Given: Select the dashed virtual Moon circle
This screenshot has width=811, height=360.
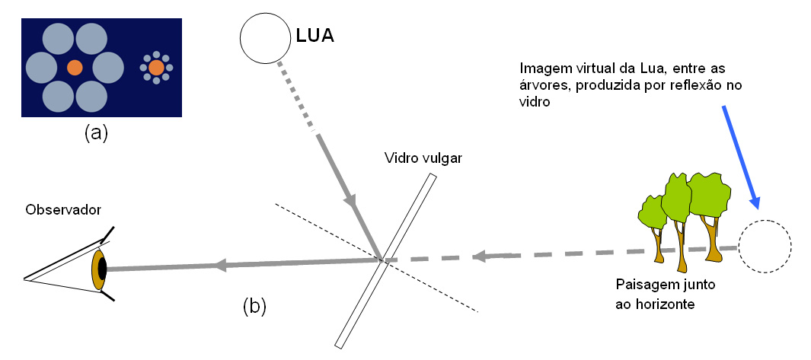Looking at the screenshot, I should (x=765, y=247).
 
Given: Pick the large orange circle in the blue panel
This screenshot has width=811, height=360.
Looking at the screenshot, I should (x=75, y=68).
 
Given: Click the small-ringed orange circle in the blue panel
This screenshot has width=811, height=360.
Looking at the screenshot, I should (x=156, y=68).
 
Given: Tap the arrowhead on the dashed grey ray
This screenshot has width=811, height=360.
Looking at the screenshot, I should (x=477, y=256).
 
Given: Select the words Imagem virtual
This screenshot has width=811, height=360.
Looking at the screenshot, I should (x=557, y=65).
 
